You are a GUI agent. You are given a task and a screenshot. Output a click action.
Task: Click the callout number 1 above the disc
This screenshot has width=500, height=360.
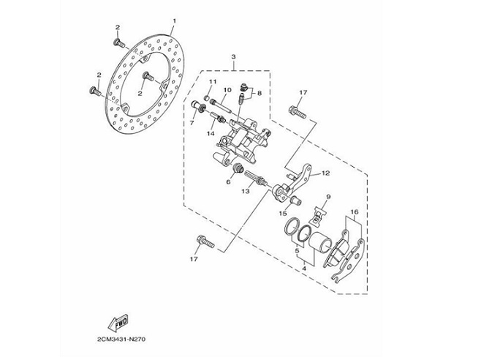point(174,20)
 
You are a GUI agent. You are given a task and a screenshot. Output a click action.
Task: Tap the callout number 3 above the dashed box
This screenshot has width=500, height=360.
point(232,56)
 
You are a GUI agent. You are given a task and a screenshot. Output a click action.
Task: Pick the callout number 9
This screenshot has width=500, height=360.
point(328,197)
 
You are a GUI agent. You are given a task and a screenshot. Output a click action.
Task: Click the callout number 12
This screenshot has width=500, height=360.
point(325,173)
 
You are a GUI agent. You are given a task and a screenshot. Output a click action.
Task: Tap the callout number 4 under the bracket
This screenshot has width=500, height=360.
point(303,269)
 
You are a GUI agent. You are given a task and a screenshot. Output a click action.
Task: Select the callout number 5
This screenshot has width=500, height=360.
point(297,250)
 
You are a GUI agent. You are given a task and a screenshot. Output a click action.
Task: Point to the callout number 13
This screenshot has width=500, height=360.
point(246,190)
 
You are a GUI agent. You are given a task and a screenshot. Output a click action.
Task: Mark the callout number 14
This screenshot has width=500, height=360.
point(211,133)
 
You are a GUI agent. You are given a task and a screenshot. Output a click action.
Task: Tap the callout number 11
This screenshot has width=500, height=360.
point(213,81)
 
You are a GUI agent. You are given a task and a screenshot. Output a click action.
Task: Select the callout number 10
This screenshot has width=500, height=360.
point(227,90)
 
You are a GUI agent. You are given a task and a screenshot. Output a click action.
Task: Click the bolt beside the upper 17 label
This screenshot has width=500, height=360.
point(296,112)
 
